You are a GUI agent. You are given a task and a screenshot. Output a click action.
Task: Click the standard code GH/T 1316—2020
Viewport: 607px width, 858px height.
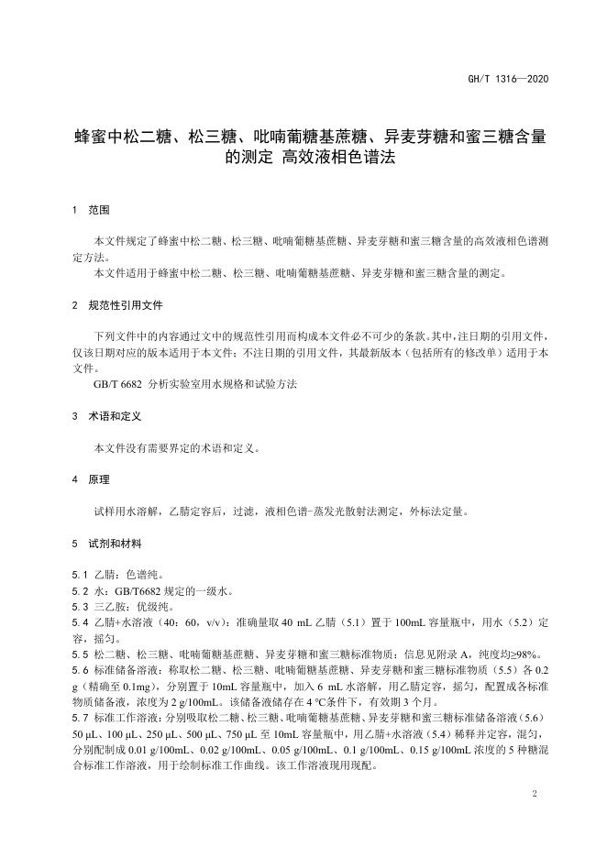coord(513,82)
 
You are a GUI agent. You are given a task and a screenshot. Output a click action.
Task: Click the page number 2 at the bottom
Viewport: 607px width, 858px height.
coord(533,790)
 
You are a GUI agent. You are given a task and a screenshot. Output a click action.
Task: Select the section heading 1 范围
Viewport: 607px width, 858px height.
coord(91,210)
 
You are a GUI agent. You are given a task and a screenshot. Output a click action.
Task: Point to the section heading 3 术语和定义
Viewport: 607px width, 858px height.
coord(106,415)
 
